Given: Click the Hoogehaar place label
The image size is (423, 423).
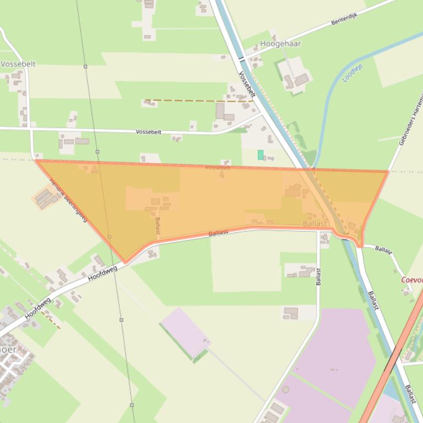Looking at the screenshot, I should (x=280, y=43).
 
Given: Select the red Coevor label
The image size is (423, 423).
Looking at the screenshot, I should (x=411, y=280).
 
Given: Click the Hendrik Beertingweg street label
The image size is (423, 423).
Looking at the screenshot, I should (x=69, y=201).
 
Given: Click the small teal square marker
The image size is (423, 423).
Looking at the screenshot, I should (x=260, y=155).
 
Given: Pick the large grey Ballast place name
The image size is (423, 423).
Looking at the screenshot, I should (x=315, y=224).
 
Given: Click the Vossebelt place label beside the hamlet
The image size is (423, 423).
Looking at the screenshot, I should (x=18, y=64).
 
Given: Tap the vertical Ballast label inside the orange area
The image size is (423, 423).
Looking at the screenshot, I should (x=158, y=226).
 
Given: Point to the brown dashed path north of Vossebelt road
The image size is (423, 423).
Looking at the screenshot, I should (x=198, y=101).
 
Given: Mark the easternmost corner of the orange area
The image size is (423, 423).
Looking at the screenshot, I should (x=388, y=172).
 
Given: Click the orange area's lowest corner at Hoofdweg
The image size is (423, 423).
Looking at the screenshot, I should (x=126, y=262).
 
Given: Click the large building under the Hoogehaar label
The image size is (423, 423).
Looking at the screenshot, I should (x=301, y=80).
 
